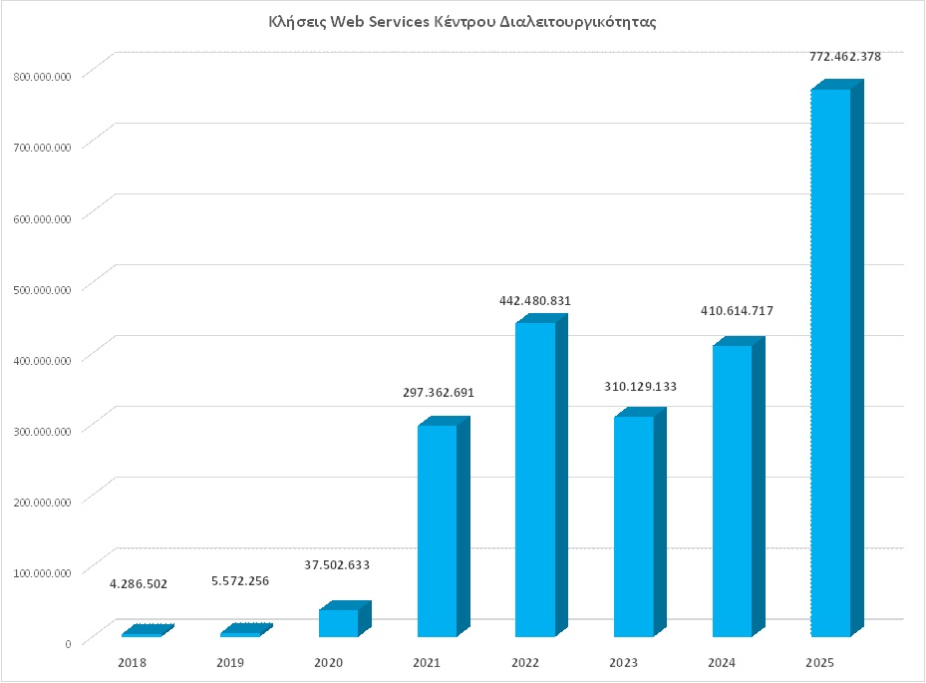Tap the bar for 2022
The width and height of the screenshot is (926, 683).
(535, 479)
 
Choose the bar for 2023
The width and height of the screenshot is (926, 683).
(634, 525)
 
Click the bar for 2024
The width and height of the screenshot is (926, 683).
(732, 491)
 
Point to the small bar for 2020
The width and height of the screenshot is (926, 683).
(339, 622)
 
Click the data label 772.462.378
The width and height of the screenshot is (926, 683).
(844, 57)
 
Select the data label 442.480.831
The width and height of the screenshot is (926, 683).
(535, 300)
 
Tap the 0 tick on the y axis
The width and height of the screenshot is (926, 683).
(68, 643)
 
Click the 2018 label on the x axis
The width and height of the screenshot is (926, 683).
(132, 662)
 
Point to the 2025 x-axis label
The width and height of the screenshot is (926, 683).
(819, 662)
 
